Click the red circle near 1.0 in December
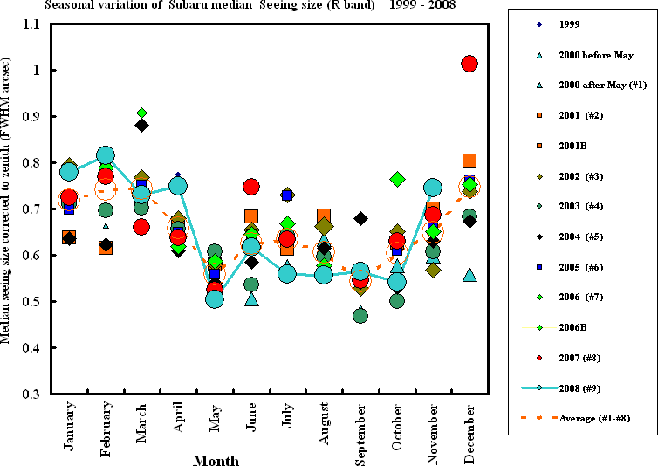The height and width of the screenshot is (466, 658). (470, 63)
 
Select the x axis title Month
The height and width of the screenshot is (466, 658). (216, 460)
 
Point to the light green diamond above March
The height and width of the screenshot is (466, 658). (141, 113)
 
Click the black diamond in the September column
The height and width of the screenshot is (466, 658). (360, 218)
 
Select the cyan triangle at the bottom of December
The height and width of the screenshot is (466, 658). (470, 275)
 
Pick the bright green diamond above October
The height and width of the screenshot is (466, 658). (397, 179)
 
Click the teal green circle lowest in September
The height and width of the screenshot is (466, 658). (360, 315)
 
